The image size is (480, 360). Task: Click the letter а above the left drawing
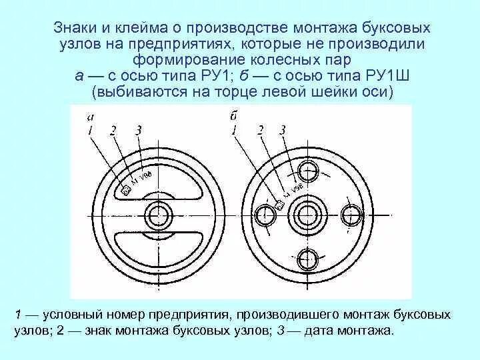pyautogui.click(x=89, y=117)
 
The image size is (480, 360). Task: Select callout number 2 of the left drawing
pyautogui.click(x=113, y=131)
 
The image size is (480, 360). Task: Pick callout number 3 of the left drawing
pyautogui.click(x=137, y=130)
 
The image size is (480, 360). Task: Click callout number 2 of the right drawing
pyautogui.click(x=261, y=131)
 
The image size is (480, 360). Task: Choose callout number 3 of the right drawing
pyautogui.click(x=283, y=131)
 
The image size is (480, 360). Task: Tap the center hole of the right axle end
pyautogui.click(x=307, y=215)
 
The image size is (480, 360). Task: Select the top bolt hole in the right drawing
pyautogui.click(x=307, y=171)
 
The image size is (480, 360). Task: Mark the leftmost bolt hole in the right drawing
pyautogui.click(x=264, y=215)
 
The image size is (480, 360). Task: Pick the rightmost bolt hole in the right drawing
pyautogui.click(x=351, y=215)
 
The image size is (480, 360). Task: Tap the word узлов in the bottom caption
pyautogui.click(x=29, y=330)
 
